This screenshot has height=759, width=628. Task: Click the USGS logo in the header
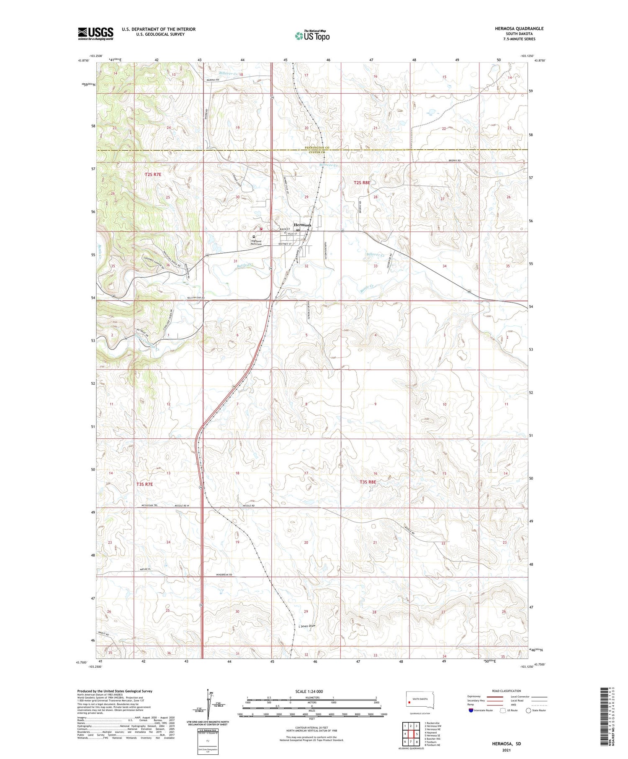(95, 33)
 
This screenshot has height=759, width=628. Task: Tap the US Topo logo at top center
(312, 36)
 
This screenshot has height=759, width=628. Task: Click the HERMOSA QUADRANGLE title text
(519, 28)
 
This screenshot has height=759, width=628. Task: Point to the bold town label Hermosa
(302, 225)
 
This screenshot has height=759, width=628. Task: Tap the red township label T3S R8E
(368, 482)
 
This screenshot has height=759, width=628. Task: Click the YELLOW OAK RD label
(195, 298)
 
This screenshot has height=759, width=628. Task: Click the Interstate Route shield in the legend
(471, 710)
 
